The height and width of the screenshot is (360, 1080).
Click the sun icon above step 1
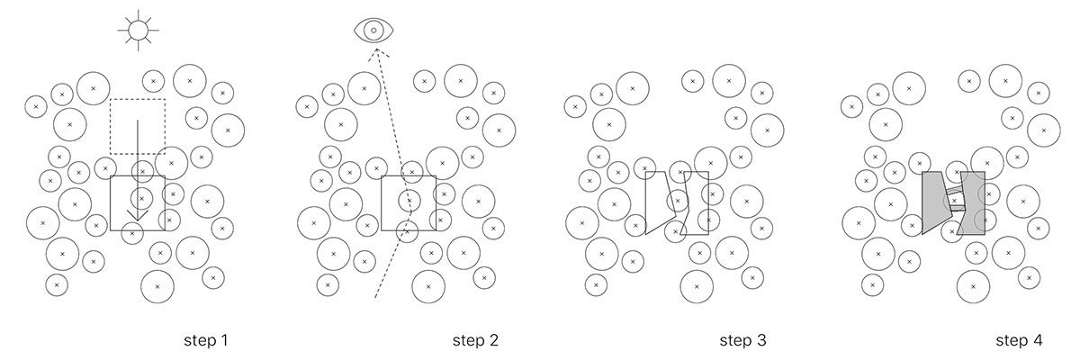coord(138,30)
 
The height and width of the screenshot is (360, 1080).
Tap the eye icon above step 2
coord(373,31)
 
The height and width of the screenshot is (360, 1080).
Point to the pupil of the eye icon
coord(373,31)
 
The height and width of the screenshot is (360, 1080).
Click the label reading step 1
coord(206,341)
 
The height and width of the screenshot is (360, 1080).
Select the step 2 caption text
coord(474,341)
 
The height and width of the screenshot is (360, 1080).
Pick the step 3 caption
coord(742,341)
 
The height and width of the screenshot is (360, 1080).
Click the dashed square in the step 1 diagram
coord(137,126)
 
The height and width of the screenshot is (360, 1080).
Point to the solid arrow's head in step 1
coord(137,216)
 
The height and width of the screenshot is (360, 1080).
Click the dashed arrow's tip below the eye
coord(376,52)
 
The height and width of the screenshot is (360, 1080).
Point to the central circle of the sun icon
coord(138,30)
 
